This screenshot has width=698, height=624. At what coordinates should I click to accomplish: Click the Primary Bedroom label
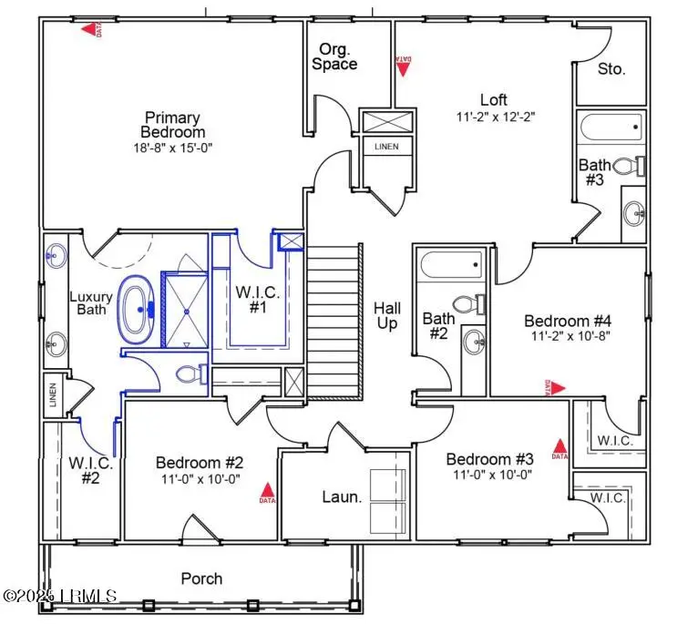[x=172, y=124]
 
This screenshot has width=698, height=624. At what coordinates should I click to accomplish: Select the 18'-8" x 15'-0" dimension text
[x=172, y=147]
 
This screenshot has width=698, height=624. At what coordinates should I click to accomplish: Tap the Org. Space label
[x=334, y=56]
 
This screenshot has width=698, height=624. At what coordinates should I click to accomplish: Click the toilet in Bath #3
[x=628, y=167]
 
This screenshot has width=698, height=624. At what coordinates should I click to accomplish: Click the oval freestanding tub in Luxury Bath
[x=139, y=309]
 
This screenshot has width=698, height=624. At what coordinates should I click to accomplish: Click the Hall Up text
[x=387, y=316]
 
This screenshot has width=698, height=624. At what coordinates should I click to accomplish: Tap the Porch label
[x=201, y=578]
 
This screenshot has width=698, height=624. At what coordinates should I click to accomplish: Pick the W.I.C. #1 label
[x=251, y=300]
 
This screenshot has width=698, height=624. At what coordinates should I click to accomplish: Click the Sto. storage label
[x=611, y=69]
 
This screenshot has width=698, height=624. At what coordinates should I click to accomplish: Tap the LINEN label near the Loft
[x=387, y=146]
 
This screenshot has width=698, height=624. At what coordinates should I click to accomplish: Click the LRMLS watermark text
[x=60, y=596]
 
